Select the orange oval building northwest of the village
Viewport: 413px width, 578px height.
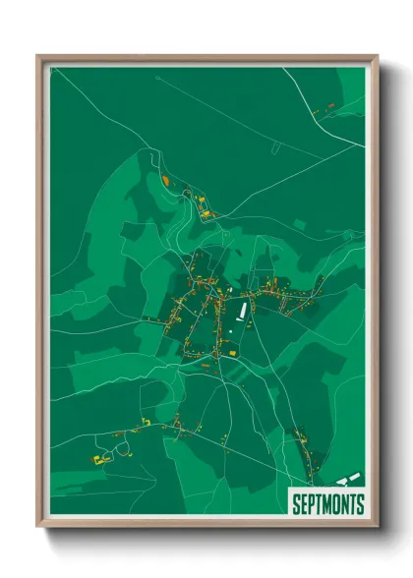click(165, 181)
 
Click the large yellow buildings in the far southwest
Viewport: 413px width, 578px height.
click(98, 459)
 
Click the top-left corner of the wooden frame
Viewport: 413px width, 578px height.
click(38, 56)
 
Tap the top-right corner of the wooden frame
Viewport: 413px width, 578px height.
click(377, 56)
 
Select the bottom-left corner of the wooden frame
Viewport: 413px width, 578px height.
click(38, 527)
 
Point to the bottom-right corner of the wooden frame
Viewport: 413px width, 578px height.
click(377, 527)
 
